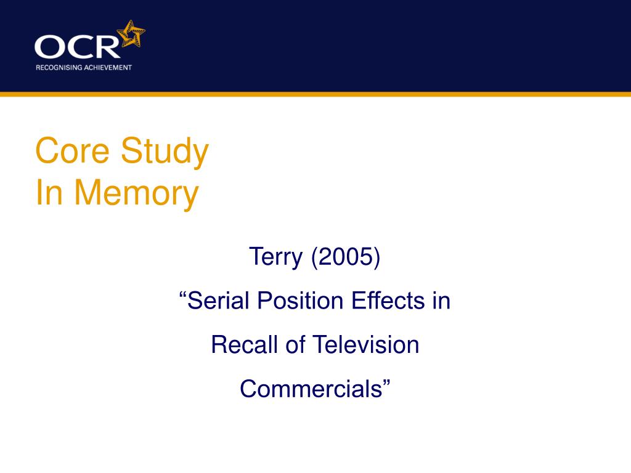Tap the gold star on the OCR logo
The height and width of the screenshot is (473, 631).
click(x=132, y=34)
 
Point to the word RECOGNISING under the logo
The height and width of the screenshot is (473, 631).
click(x=59, y=67)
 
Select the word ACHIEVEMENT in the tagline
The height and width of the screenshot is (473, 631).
click(x=108, y=67)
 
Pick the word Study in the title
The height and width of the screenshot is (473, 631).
click(x=165, y=151)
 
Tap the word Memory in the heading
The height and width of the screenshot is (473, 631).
click(x=137, y=193)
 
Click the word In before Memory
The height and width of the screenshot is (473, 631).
click(x=49, y=193)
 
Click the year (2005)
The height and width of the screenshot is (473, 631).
click(x=346, y=257)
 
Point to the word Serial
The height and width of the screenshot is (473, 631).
click(x=219, y=301)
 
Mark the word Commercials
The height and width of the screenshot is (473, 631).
click(x=311, y=389)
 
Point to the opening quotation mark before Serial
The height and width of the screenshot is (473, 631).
click(x=183, y=296)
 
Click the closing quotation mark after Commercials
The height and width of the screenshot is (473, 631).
click(x=387, y=383)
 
